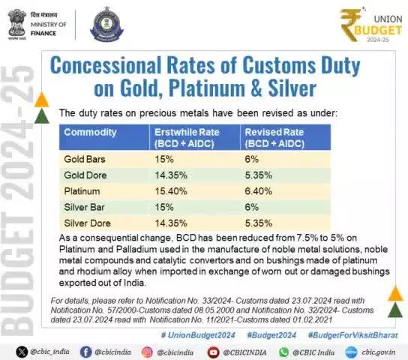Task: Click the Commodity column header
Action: pos(90,133)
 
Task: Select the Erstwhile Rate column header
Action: pos(187,138)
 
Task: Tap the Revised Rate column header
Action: pos(274,138)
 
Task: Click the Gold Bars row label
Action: pos(85,159)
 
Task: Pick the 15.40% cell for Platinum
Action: pos(171,191)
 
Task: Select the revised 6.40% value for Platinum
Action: pos(259,191)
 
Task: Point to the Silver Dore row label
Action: pos(88,223)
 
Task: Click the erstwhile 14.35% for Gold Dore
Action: pos(171,175)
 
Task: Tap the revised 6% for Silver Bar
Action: pos(251,207)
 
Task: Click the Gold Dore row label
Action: pos(85,175)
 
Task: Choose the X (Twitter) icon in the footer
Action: pos(22,352)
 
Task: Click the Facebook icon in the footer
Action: pos(85,352)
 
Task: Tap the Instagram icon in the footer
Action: pos(147,352)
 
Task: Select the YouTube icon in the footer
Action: pos(213,352)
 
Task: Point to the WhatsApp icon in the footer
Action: pos(284,352)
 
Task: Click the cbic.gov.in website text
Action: pos(378,352)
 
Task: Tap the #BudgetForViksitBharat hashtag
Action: pos(352,335)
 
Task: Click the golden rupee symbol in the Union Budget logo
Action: pos(351,25)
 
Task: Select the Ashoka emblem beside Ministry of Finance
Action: pos(17,24)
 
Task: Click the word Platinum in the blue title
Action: pos(207,88)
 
